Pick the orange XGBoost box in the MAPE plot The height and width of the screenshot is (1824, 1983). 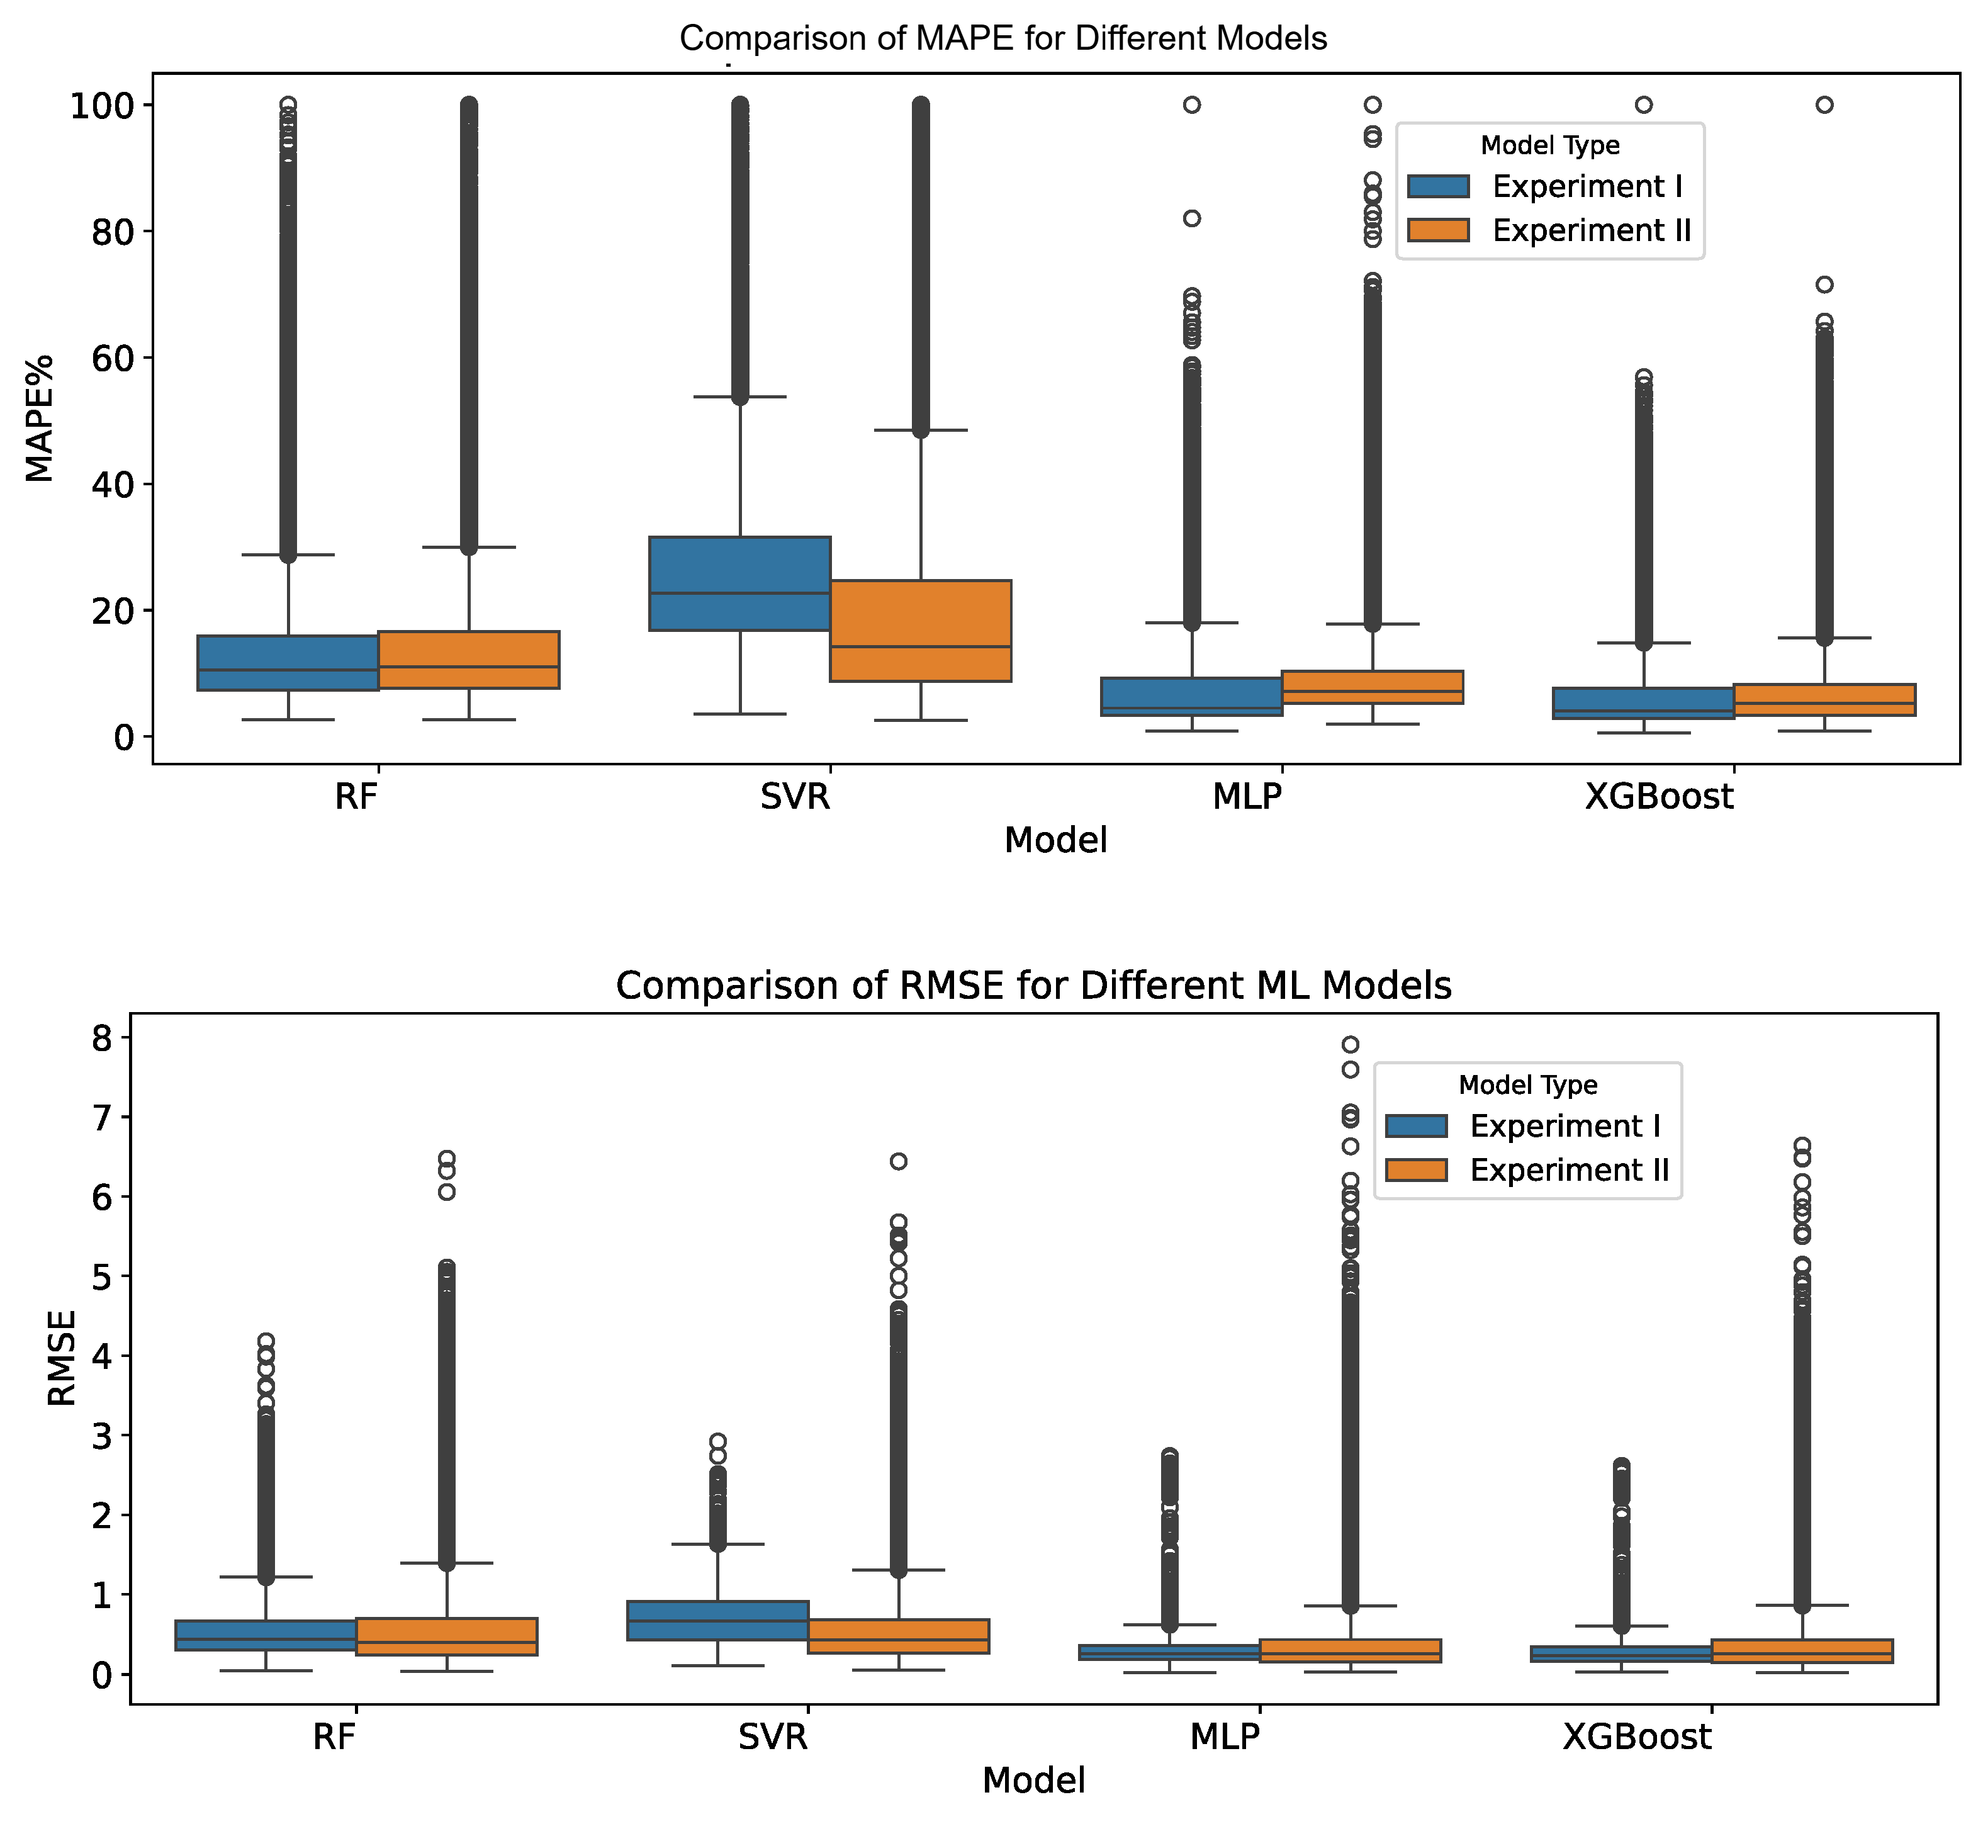point(1823,699)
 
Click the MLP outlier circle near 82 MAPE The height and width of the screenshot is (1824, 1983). point(1191,218)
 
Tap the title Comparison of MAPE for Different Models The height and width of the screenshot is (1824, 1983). point(1003,38)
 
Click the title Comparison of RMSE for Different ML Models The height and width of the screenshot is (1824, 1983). point(1033,986)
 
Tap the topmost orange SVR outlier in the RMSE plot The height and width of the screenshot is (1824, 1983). point(898,1161)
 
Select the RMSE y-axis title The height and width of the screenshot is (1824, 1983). point(61,1357)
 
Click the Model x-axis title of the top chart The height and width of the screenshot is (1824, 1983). point(1055,840)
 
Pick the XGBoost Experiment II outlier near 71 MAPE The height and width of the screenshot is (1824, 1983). point(1824,284)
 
